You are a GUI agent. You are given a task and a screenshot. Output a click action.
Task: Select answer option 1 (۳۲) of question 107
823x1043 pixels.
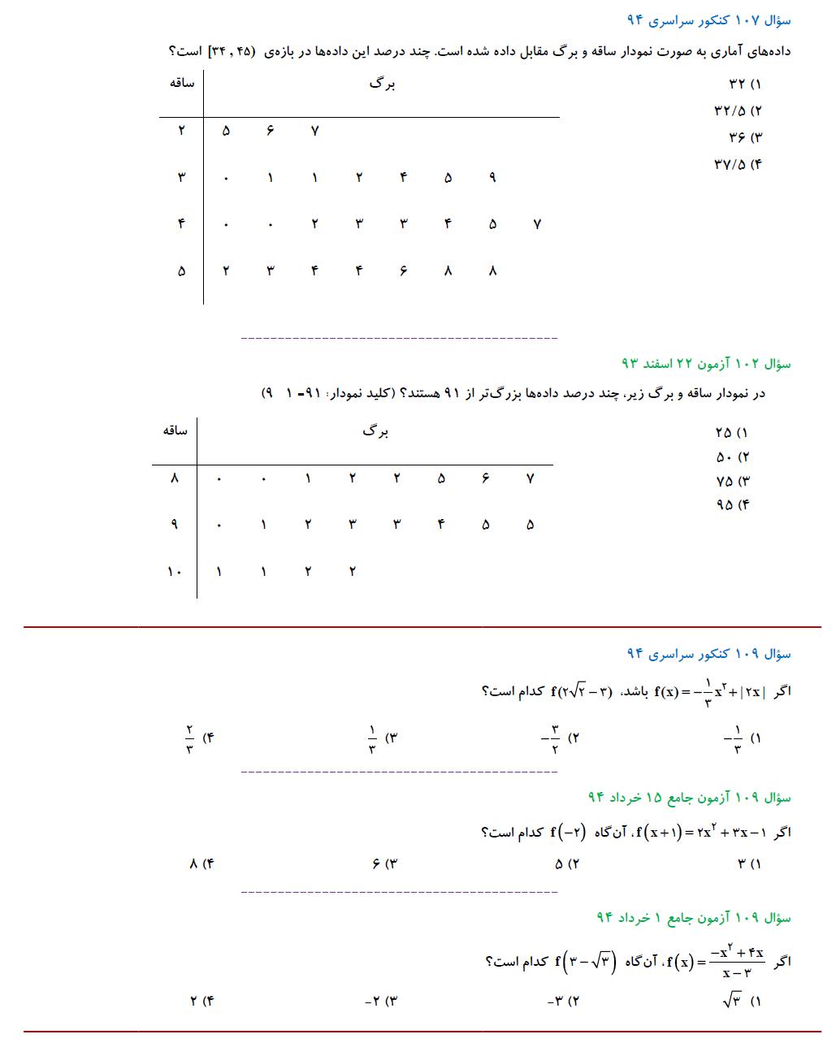(745, 84)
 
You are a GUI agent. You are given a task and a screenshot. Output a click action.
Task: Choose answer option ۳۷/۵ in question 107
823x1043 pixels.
(739, 164)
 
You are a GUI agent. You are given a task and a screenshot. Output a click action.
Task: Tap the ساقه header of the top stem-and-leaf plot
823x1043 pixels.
(181, 83)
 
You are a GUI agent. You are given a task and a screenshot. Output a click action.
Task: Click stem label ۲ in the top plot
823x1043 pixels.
(181, 131)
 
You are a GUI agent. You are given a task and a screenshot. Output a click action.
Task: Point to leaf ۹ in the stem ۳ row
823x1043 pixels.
(492, 178)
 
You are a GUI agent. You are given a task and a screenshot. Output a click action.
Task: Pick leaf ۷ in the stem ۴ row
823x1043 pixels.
(536, 224)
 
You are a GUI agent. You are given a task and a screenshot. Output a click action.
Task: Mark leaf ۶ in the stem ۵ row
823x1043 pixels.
(403, 271)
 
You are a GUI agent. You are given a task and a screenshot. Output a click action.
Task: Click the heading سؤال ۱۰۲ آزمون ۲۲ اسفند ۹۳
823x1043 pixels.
(705, 363)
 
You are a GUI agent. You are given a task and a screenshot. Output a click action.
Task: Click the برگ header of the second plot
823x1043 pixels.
(375, 431)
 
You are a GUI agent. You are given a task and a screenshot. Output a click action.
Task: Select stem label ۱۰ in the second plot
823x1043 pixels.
(174, 571)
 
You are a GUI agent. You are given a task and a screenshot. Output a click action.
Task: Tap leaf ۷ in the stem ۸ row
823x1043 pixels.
(530, 478)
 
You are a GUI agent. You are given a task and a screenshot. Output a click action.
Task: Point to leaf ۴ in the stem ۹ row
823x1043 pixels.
(441, 525)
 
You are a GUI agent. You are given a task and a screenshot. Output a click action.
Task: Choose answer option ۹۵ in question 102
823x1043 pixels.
(733, 504)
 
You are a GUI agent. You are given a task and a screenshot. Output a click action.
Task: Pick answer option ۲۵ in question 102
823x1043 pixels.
(733, 432)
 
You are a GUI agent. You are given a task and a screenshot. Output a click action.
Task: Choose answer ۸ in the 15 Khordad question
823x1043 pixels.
(201, 864)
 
